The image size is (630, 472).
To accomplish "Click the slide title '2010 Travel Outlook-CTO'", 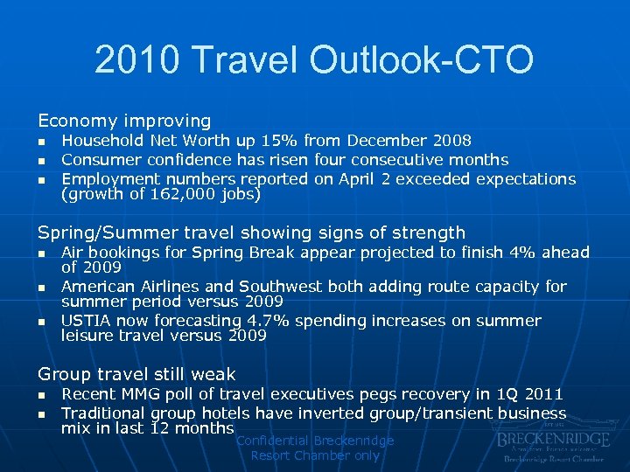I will click(314, 60).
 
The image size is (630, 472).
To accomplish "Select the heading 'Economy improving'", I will click(123, 121).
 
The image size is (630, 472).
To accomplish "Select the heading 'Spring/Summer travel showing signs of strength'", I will click(251, 233).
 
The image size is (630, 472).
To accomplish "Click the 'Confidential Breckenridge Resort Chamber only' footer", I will click(315, 448).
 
